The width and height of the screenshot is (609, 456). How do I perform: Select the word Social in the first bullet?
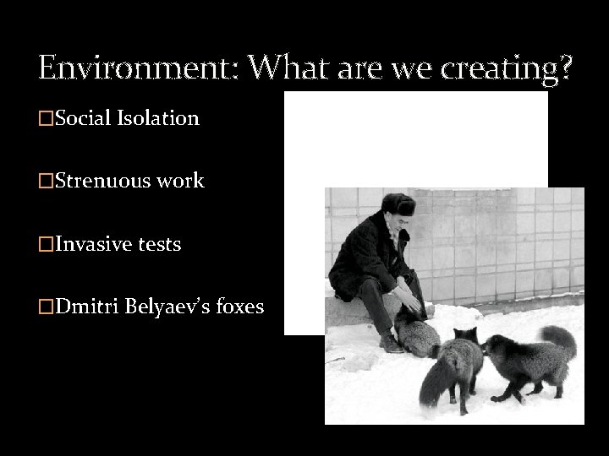click(x=82, y=118)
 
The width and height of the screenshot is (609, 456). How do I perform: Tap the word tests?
click(x=160, y=244)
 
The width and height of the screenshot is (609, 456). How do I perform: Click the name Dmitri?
click(x=83, y=307)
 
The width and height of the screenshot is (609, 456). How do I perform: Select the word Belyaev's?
click(x=166, y=307)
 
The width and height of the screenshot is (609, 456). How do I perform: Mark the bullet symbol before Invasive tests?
click(x=46, y=245)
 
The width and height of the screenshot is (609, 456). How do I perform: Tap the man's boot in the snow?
click(x=391, y=344)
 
